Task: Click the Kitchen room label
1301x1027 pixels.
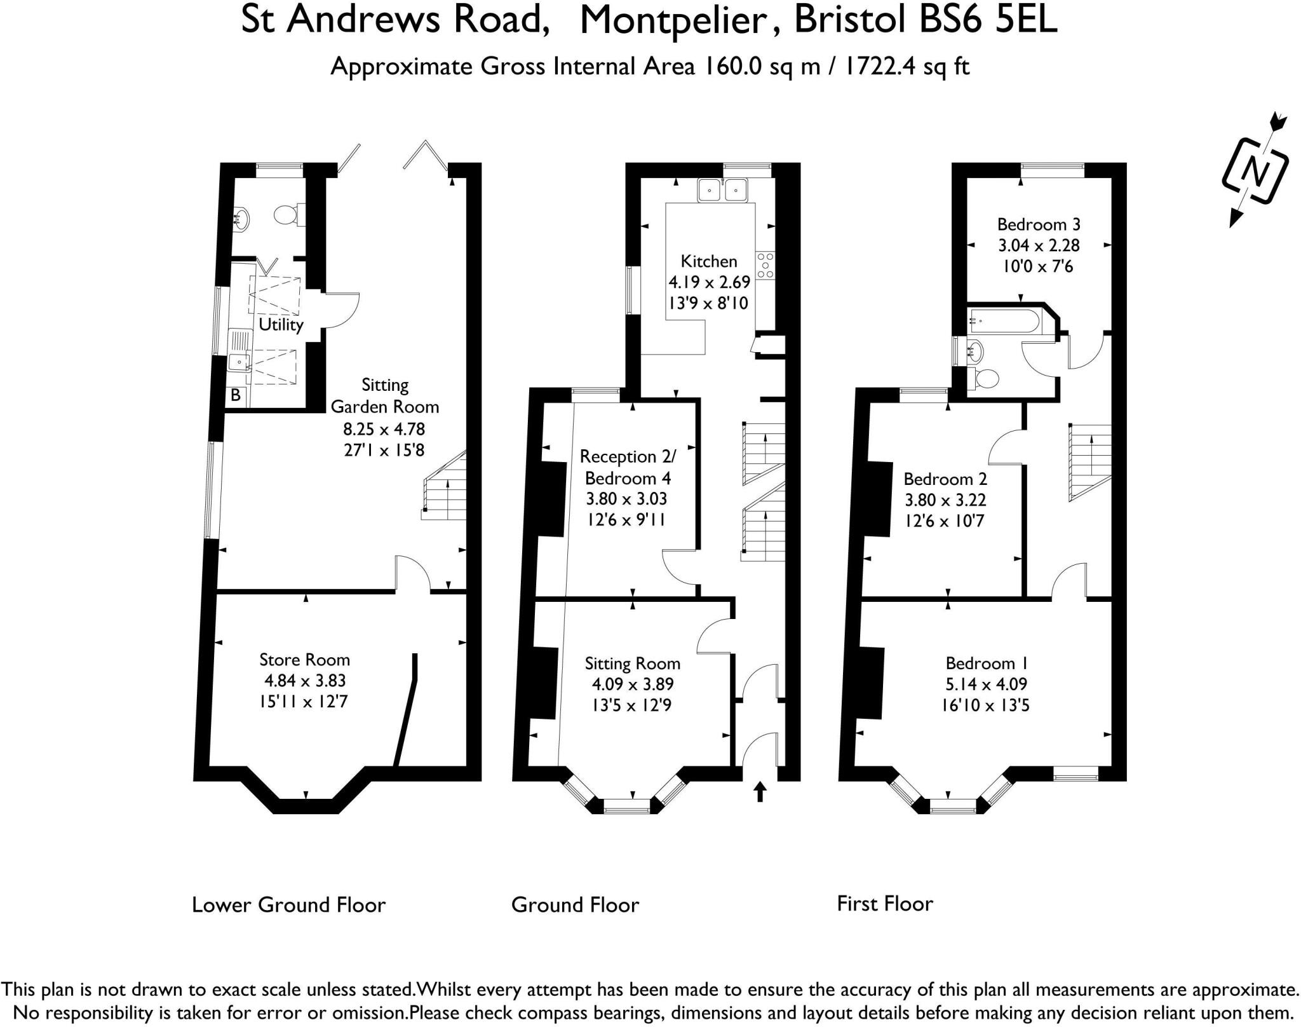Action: [x=708, y=261]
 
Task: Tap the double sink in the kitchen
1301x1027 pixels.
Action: [x=723, y=189]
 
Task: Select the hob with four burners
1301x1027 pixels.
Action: [x=765, y=265]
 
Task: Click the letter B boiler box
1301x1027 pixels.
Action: [x=236, y=395]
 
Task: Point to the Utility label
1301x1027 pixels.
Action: [x=281, y=325]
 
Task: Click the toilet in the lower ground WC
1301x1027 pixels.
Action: [x=287, y=215]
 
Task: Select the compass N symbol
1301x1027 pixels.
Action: [x=1254, y=171]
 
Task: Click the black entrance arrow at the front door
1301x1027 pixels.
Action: [x=760, y=792]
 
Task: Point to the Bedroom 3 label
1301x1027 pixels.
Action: [x=1039, y=224]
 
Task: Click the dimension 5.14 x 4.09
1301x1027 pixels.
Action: [x=985, y=684]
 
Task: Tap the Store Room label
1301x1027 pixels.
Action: [x=304, y=660]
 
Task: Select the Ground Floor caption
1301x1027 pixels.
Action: [x=575, y=904]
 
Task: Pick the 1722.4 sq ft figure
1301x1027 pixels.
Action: [x=906, y=66]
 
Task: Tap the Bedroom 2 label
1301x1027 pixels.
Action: [x=945, y=479]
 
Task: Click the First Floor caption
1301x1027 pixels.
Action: [x=885, y=903]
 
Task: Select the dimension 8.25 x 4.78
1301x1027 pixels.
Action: [x=384, y=429]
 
